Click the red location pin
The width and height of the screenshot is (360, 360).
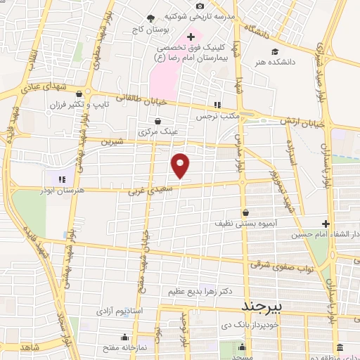click(x=181, y=165)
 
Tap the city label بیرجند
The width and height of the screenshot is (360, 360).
click(x=261, y=307)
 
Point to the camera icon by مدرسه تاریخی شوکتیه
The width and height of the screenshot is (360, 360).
click(x=200, y=6)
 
